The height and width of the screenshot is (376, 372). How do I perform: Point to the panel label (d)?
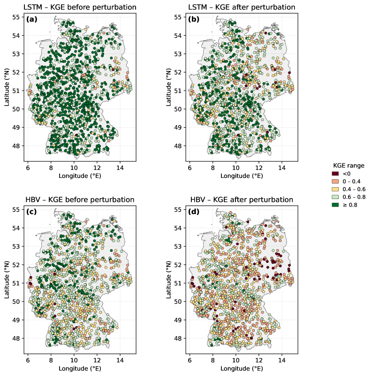click(194, 212)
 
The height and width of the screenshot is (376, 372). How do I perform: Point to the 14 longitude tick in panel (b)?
click(281, 167)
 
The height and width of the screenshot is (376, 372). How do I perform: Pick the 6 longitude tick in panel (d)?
click(190, 360)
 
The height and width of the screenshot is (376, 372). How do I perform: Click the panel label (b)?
click(194, 19)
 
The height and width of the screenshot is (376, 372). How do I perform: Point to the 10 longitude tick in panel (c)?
click(74, 360)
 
